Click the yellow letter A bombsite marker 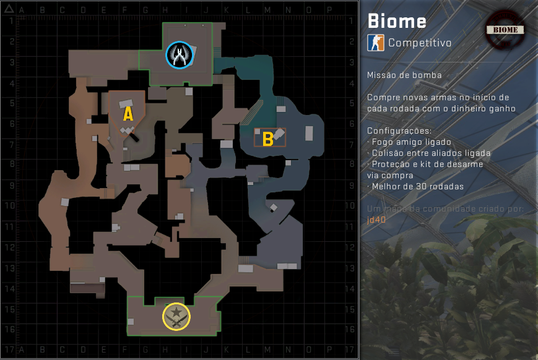[x=128, y=113]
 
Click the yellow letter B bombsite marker [x=268, y=139]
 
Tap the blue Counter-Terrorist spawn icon [x=180, y=55]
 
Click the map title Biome [x=397, y=21]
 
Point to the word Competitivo [x=420, y=43]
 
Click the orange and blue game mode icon [x=375, y=43]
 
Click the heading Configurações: [x=399, y=131]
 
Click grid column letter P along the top [x=329, y=11]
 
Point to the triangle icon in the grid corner [x=8, y=10]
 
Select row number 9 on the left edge [x=11, y=185]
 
